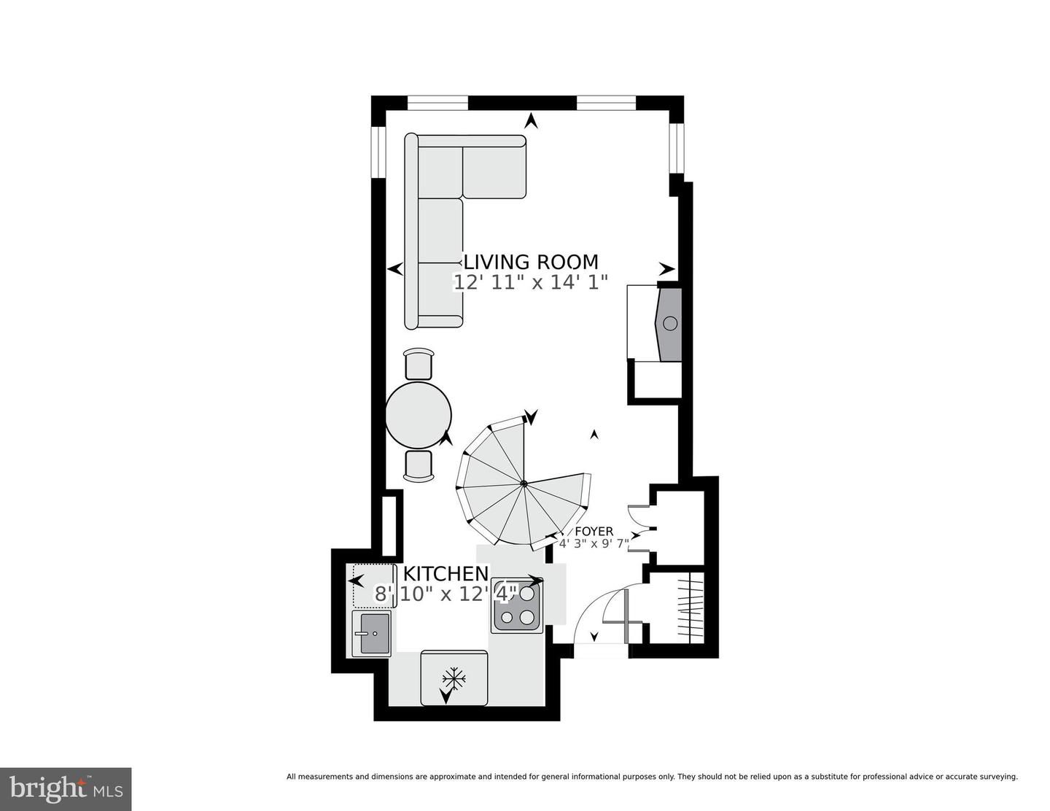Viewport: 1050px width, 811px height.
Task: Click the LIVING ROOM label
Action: click(531, 262)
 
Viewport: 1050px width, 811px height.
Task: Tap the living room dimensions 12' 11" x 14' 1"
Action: click(531, 283)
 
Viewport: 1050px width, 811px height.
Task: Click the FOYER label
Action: click(594, 532)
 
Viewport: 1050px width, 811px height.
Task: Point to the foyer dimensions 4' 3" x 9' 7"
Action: click(594, 543)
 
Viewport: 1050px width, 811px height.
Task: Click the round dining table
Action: click(418, 415)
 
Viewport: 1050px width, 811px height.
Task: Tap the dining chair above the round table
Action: click(419, 362)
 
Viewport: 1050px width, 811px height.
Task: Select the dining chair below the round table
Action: click(419, 466)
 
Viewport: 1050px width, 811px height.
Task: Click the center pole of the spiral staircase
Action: click(524, 483)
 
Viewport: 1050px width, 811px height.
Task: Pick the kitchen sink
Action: click(372, 633)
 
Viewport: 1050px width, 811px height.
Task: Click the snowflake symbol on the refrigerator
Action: click(454, 678)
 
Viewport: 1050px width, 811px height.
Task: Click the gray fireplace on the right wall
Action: click(669, 324)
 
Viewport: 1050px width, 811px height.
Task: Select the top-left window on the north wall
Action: click(437, 103)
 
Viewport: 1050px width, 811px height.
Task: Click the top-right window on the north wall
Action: click(607, 103)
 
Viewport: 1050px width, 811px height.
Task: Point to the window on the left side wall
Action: click(378, 152)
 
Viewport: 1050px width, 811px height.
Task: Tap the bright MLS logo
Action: click(66, 789)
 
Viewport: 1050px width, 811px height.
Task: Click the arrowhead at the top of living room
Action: click(532, 121)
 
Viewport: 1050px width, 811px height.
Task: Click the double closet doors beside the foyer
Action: click(640, 527)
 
